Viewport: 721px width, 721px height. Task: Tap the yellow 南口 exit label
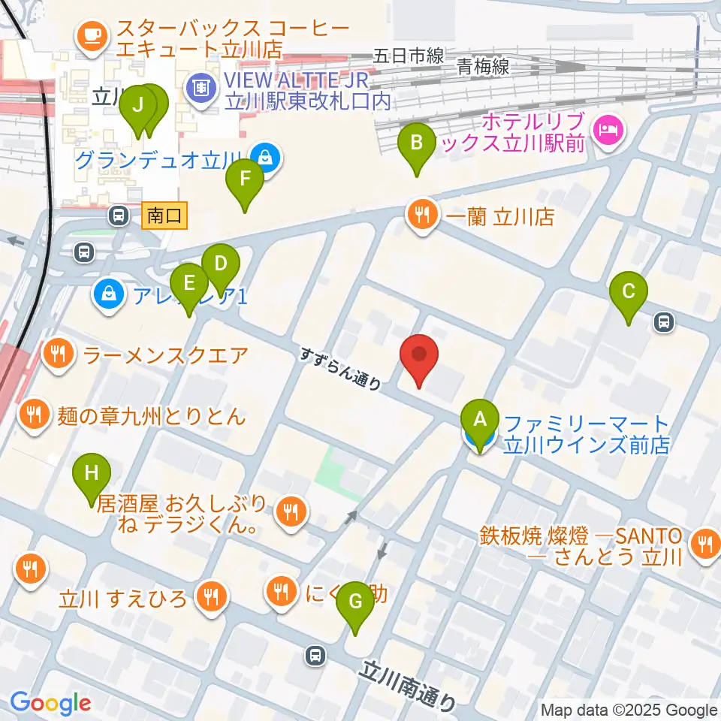(x=164, y=216)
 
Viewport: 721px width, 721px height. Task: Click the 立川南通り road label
(x=409, y=684)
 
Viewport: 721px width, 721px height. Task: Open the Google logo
(x=50, y=703)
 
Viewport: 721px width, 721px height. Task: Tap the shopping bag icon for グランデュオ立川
(x=265, y=158)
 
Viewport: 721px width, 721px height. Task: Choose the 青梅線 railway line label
(x=483, y=67)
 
